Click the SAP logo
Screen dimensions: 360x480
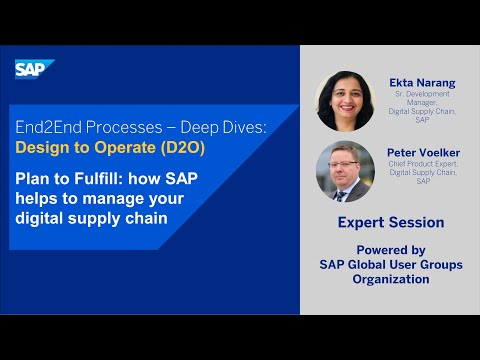(x=31, y=69)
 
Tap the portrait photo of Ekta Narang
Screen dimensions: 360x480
(x=344, y=100)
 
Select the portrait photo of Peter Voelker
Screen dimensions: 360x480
(x=344, y=171)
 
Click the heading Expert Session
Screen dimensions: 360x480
(x=390, y=222)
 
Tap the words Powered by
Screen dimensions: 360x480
(x=390, y=250)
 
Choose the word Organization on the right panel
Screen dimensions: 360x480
(x=390, y=279)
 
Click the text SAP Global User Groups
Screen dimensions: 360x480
(x=390, y=265)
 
